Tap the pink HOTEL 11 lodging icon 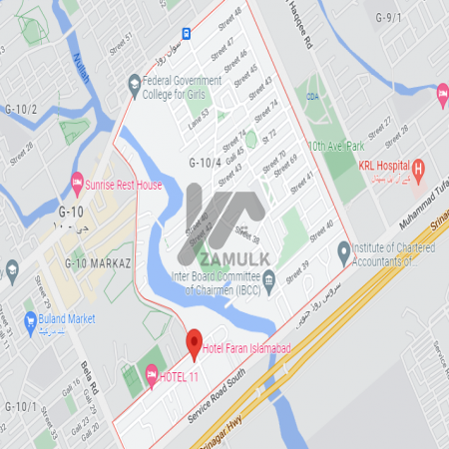point(152,375)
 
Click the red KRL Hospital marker point(420,168)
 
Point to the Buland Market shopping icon point(31,319)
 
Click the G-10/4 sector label point(205,162)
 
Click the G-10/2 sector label point(20,109)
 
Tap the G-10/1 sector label point(20,407)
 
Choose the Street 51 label point(122,44)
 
